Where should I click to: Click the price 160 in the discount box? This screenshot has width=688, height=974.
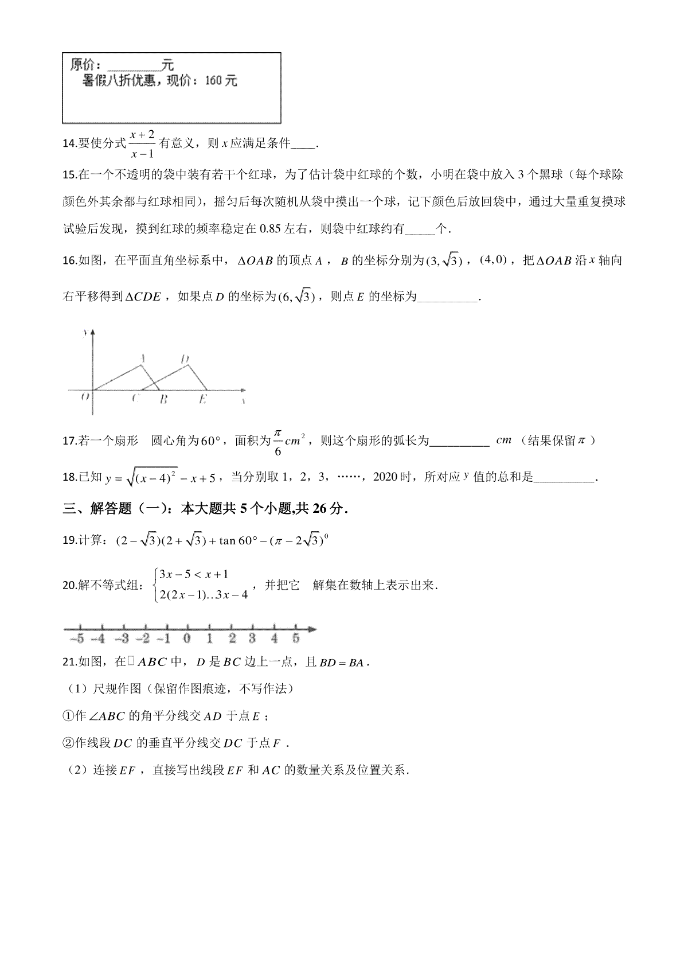pos(213,81)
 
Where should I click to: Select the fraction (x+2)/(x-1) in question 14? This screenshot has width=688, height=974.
pos(142,144)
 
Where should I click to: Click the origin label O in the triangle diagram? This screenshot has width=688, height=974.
pos(85,396)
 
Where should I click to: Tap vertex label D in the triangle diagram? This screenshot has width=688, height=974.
pos(185,360)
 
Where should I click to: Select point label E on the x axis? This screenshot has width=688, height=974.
pos(202,399)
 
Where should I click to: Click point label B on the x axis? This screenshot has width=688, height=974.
pos(163,399)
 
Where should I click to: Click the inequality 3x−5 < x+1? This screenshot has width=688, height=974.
pos(194,574)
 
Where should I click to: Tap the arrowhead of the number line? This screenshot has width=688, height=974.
pos(311,629)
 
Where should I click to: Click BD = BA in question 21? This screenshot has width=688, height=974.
pos(341,663)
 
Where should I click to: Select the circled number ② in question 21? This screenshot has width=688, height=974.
pos(68,743)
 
